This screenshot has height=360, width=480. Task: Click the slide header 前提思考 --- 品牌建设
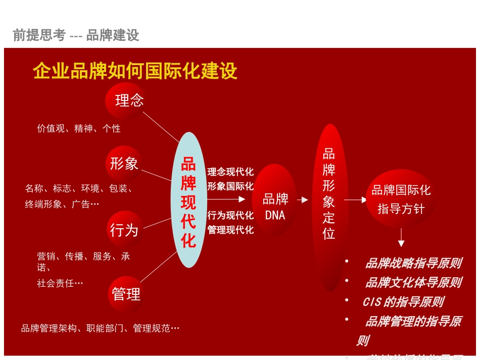76,35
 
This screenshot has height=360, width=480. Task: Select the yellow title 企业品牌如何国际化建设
135,71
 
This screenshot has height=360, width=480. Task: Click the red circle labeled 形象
124,164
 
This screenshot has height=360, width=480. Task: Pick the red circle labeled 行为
124,230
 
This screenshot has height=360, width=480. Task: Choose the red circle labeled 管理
126,294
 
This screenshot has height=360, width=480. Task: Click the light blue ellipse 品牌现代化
188,200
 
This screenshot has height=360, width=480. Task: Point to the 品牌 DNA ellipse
275,207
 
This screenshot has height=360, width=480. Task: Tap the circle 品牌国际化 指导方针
401,199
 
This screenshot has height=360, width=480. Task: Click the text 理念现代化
230,172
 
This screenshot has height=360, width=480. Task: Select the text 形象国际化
230,186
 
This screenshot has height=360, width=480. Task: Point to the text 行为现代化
230,216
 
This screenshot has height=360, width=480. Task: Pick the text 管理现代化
230,230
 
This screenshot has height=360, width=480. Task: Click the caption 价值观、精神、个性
79,129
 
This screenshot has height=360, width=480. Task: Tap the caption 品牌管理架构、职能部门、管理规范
100,329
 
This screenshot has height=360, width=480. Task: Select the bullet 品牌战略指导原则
413,263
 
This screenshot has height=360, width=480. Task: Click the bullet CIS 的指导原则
403,302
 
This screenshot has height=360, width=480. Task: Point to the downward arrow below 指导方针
401,238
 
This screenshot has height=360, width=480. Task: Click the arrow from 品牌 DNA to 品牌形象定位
303,200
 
